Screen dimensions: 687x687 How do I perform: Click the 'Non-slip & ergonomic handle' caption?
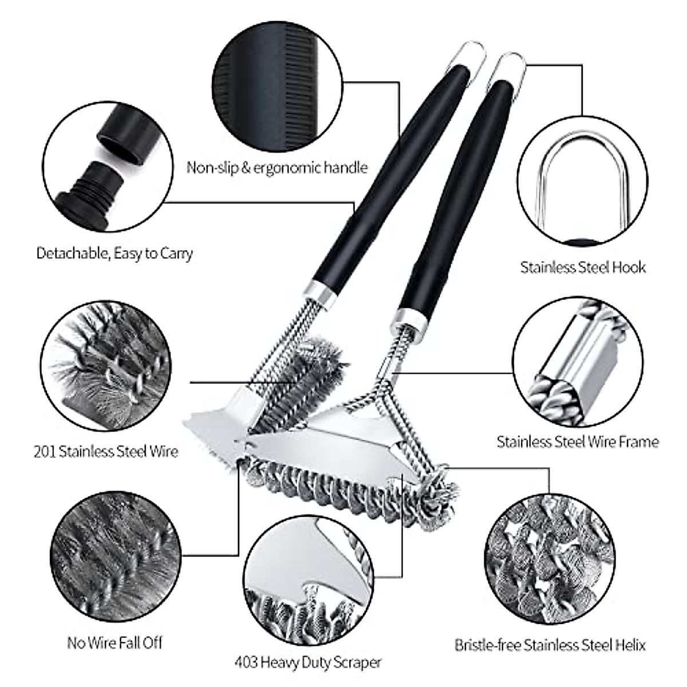(x=277, y=168)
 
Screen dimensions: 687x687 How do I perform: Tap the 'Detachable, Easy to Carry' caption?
(x=114, y=253)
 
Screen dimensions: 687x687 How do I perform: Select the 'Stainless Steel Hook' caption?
(x=583, y=267)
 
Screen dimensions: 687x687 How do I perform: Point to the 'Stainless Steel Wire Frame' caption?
(x=578, y=441)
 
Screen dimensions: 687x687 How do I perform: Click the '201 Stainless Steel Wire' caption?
(x=105, y=451)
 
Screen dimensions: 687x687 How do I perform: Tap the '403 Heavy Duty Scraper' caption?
(x=307, y=663)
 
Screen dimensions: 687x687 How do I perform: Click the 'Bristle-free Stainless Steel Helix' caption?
(x=550, y=645)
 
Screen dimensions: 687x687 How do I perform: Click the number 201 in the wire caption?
(x=44, y=451)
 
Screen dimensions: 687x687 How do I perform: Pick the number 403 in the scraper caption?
(x=246, y=663)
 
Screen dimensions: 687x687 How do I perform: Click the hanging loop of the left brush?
(x=471, y=53)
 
